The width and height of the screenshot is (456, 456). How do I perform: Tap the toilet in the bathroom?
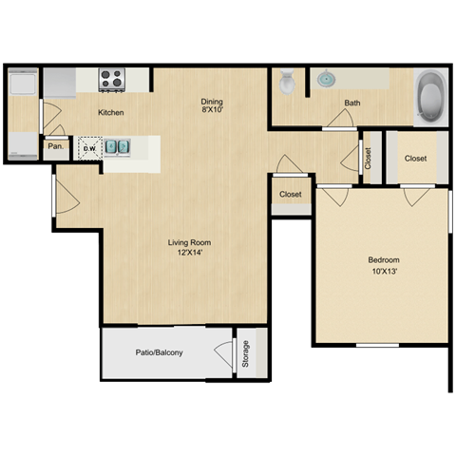[287, 84]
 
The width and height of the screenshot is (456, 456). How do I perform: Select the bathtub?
[431, 97]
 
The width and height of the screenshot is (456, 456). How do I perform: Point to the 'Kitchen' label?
[111, 113]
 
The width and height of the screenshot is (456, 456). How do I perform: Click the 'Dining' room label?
[211, 102]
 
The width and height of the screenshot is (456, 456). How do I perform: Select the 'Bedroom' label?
[383, 260]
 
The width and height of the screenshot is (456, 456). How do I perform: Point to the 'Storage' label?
[245, 353]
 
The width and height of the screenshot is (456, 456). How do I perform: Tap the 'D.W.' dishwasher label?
[89, 148]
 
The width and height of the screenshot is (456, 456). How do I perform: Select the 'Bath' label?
[352, 103]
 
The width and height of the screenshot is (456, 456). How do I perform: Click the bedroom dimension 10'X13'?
[383, 272]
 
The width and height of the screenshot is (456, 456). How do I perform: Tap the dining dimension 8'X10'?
[211, 112]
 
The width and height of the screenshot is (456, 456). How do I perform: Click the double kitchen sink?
[117, 147]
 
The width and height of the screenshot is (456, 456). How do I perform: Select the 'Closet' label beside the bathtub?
[414, 159]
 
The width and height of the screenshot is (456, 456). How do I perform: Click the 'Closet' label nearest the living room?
[290, 194]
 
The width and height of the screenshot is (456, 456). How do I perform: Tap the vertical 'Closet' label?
[369, 159]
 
